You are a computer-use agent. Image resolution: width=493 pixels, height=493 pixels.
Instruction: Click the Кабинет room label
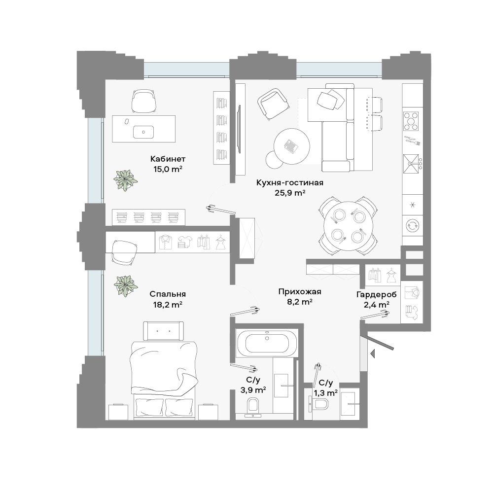pos(168,159)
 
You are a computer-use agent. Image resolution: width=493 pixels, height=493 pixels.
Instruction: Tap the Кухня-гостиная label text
pos(289,183)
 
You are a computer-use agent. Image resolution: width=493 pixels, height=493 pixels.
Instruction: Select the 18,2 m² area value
pos(168,304)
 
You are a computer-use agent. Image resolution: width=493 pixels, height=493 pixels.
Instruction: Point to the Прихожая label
pos(300,292)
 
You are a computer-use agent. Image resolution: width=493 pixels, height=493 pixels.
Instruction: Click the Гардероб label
pos(376,295)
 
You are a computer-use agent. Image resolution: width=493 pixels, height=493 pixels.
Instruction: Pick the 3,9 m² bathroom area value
pos(253,390)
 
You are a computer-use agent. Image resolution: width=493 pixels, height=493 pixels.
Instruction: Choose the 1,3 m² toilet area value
pos(326,393)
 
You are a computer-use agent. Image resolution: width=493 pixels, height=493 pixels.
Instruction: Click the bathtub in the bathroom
pos(267,343)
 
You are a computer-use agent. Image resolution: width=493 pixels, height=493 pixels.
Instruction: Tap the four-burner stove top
pos(411,121)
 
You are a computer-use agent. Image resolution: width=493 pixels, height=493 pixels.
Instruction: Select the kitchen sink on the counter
pos(411,164)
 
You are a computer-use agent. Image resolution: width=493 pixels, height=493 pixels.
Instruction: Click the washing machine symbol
pos(412,226)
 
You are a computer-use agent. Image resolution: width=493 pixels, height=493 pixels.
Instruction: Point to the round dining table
pos(348,226)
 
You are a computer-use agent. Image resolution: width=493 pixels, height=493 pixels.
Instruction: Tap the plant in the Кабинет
pos(125,180)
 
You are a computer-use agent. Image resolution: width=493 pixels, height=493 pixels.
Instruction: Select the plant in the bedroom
pos(126,286)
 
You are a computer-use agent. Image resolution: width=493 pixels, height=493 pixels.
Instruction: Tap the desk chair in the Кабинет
pos(143,101)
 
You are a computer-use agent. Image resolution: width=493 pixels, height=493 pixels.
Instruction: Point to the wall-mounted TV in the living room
pos(240,129)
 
